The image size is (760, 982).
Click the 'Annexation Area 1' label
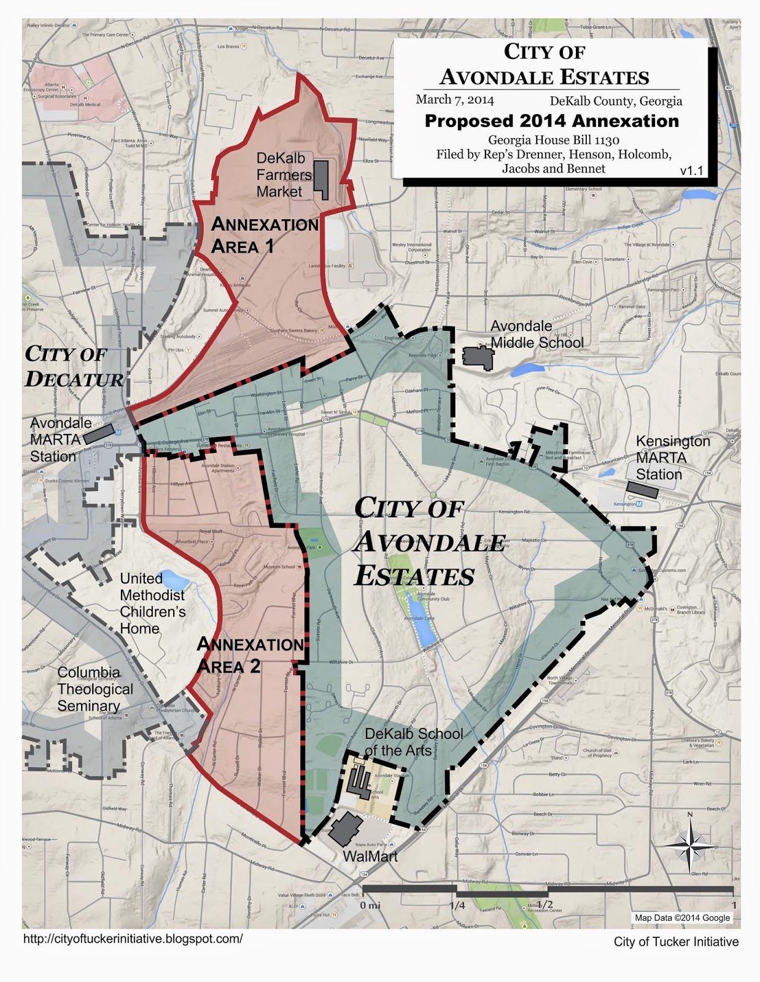265,236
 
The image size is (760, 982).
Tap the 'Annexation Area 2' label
250,655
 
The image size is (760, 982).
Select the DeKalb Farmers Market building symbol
321,180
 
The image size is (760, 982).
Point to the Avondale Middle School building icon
478,357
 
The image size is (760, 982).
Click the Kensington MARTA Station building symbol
642,489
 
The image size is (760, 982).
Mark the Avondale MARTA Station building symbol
98,434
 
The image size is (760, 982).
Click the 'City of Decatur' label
74,366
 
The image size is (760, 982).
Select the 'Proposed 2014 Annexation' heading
551,121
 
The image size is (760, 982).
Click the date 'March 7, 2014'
454,99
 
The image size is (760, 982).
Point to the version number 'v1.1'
691,171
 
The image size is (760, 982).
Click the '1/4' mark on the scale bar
456,905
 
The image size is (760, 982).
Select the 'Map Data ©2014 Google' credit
682,918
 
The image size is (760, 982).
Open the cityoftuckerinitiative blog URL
133,938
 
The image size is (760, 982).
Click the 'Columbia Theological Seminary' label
95,689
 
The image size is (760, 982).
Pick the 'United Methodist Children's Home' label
152,603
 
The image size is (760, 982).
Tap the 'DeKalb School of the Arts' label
413,742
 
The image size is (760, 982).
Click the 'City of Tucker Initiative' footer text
676,941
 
